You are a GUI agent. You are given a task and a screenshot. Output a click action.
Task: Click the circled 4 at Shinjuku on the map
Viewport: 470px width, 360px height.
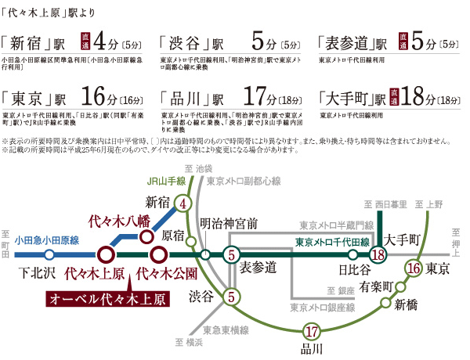(183, 204)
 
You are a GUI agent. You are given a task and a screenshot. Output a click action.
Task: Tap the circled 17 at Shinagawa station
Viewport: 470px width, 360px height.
(312, 331)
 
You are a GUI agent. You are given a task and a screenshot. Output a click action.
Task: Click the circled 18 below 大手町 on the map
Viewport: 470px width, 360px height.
(377, 255)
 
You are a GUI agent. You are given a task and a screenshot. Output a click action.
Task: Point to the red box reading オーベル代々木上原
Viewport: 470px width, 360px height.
(107, 300)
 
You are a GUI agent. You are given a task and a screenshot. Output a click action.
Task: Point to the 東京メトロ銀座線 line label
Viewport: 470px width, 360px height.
(320, 306)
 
